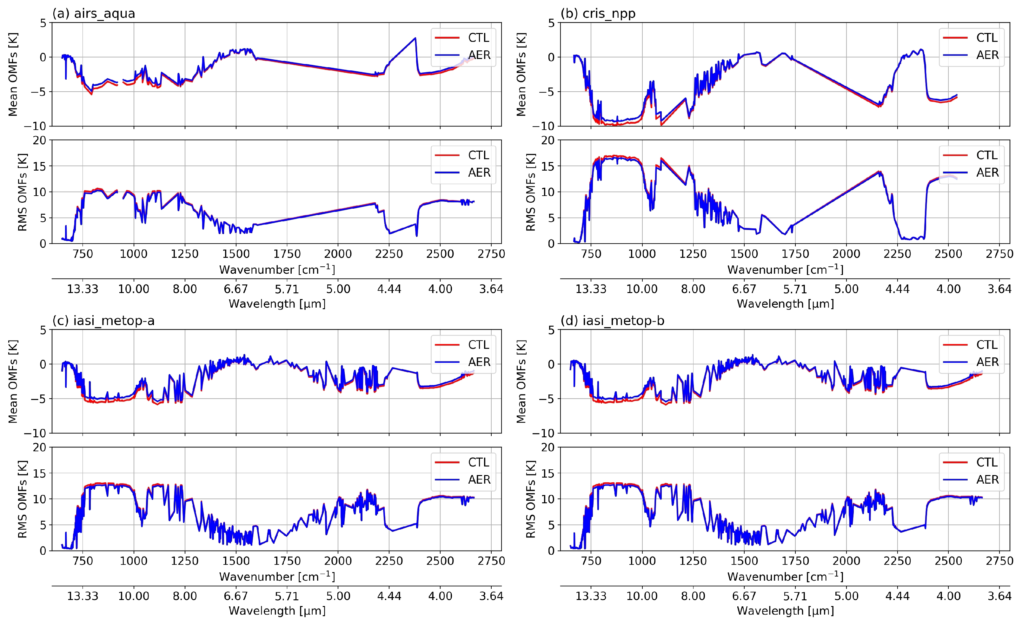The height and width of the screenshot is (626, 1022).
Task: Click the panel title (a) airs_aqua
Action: (x=94, y=14)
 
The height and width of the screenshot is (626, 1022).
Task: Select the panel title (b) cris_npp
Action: (x=598, y=14)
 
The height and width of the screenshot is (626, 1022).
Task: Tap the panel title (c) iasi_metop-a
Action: (x=103, y=321)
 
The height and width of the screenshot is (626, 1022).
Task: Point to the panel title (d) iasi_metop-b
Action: (x=612, y=321)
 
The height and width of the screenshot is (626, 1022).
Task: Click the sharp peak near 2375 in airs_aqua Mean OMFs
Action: (x=415, y=38)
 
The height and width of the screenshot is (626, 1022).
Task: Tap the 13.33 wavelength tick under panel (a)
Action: (x=83, y=289)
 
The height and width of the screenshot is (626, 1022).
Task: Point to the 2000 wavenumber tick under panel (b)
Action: (x=846, y=254)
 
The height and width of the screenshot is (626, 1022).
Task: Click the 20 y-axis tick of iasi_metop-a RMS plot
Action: (x=40, y=447)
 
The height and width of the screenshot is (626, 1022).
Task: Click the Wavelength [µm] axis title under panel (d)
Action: (x=785, y=611)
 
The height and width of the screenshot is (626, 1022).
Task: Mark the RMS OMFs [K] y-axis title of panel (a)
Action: (x=23, y=192)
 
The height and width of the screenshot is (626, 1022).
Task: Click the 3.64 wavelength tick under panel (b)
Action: (x=999, y=289)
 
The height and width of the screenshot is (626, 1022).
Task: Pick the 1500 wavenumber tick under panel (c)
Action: (x=236, y=561)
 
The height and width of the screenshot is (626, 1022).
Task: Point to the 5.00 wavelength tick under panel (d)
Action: (x=846, y=596)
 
